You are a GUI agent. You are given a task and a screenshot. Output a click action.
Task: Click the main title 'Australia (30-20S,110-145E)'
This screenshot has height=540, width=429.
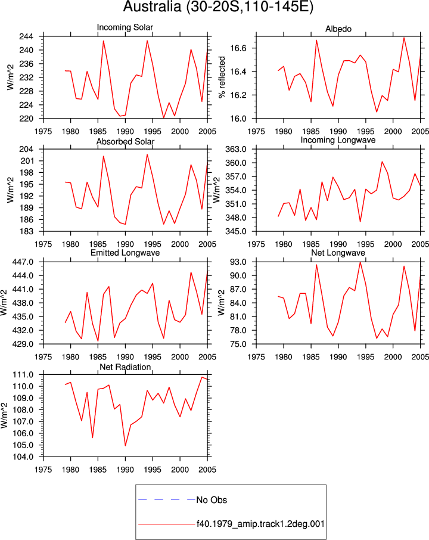point(218,7)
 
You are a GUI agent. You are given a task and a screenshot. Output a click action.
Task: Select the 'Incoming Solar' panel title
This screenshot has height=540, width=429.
point(125,27)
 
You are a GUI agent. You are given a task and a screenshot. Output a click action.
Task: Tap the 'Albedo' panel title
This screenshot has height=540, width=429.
point(338,29)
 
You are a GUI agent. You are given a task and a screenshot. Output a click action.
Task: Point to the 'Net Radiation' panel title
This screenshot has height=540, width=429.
point(125,367)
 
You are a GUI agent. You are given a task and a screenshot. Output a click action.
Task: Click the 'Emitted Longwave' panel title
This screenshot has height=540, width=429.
point(125,253)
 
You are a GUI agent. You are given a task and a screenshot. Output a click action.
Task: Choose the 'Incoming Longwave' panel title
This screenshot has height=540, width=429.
point(338,140)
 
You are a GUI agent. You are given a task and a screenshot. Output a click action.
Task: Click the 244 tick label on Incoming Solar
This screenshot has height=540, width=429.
point(26,36)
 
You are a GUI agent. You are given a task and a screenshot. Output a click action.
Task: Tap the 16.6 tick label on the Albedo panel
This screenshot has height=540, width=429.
point(238,48)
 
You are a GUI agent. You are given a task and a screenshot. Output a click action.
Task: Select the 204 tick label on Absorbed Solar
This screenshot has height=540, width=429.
point(26,149)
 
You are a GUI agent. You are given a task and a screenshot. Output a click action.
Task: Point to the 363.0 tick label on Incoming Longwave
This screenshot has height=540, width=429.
point(236,149)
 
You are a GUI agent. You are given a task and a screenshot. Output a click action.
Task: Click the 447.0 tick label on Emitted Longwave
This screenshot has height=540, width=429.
point(23,262)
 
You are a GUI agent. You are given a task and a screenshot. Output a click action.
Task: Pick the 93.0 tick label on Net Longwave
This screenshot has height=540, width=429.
point(238,262)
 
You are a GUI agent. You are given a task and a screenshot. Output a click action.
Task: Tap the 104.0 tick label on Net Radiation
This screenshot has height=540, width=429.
point(23,457)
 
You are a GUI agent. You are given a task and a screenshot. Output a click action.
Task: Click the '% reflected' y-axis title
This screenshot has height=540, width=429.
point(222,77)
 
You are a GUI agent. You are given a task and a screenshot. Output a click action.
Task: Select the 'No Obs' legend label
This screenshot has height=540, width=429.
point(212,500)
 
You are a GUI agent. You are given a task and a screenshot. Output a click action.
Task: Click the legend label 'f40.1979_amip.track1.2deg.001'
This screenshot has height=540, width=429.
point(260,524)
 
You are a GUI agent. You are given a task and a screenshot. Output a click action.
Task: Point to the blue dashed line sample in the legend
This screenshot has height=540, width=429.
point(167,499)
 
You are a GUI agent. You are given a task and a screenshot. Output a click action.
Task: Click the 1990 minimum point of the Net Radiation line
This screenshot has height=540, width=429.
point(125,446)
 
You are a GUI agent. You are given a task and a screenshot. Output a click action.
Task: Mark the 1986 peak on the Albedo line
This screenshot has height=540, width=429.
point(316,41)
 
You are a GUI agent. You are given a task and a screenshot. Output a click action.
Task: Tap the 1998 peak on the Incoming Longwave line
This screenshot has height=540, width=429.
point(382,162)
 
